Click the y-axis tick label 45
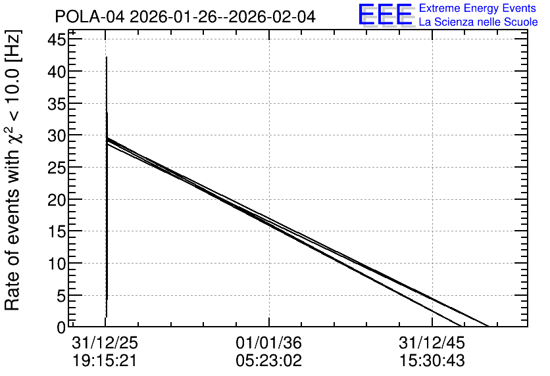(x=57, y=39)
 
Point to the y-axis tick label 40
(x=57, y=72)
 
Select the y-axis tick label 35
(x=57, y=104)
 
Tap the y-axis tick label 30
(x=57, y=135)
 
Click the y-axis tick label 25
(x=57, y=168)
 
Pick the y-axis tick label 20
(x=57, y=200)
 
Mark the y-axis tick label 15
(x=57, y=231)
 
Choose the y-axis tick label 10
(x=57, y=264)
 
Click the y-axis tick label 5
(x=61, y=296)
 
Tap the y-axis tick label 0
(x=61, y=327)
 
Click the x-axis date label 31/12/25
(x=105, y=342)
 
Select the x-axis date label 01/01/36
(x=268, y=342)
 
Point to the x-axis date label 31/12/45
(x=432, y=342)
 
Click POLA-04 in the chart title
(x=89, y=17)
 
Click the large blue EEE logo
(x=385, y=14)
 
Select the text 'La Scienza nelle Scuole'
(x=478, y=22)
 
